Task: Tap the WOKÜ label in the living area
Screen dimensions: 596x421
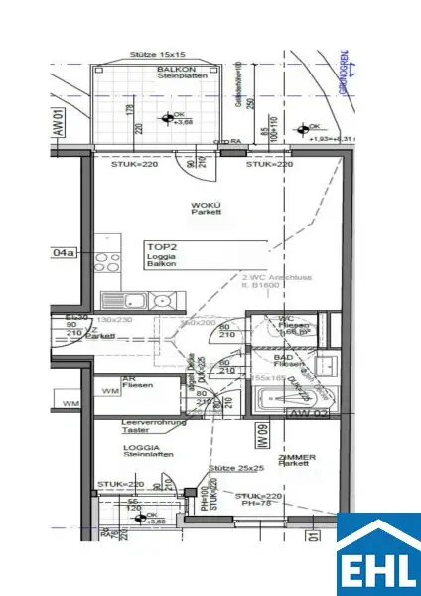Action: (x=207, y=208)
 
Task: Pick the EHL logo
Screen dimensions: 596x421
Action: (x=377, y=554)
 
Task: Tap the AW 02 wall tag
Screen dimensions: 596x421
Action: (x=308, y=411)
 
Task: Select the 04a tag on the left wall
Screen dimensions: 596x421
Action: (x=63, y=253)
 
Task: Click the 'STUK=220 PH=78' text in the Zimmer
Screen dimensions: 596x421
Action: (x=257, y=499)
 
